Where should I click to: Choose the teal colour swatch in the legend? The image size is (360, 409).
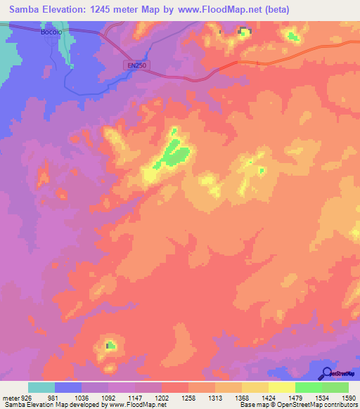pos(41,387)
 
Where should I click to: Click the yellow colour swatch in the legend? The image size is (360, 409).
pos(281,387)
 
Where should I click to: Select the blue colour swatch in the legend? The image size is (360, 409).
pos(68,387)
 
